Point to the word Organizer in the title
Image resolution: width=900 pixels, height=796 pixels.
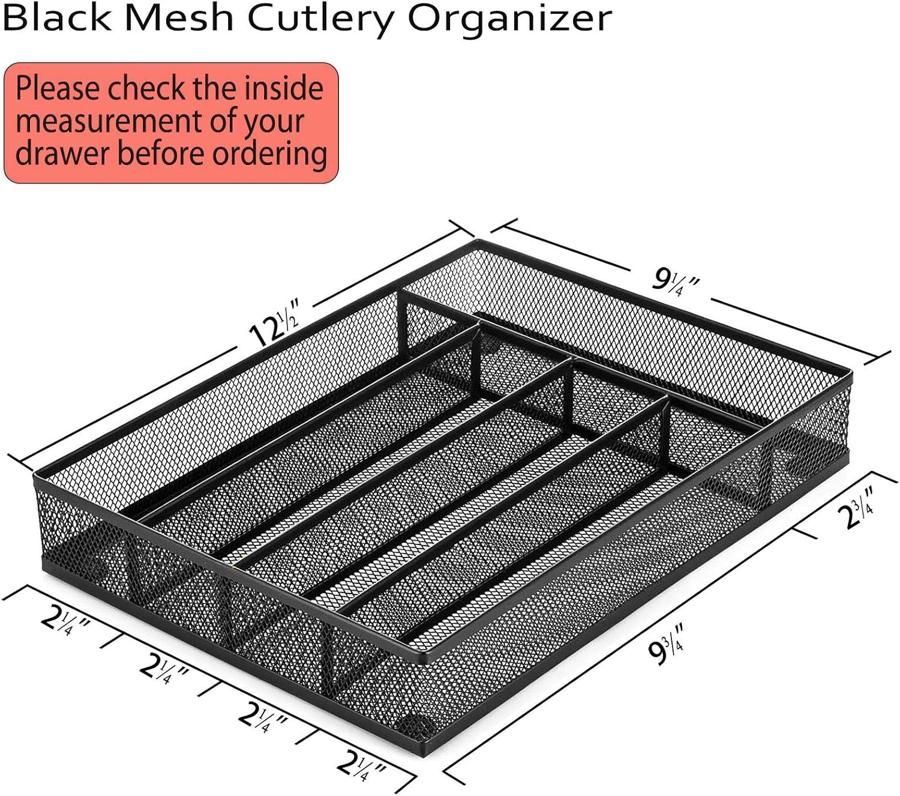(510, 22)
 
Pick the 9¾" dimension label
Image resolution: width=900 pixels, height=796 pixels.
(665, 645)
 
